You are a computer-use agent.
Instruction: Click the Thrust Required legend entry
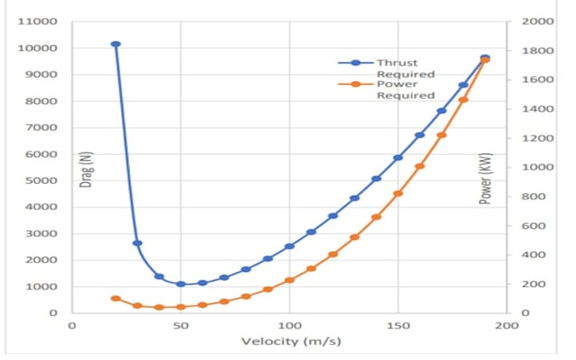(x=386, y=69)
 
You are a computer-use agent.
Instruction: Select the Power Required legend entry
(x=386, y=90)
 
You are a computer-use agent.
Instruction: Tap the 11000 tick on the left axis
(x=37, y=22)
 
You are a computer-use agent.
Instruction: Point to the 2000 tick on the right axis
(x=538, y=21)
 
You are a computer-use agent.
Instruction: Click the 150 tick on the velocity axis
(x=398, y=325)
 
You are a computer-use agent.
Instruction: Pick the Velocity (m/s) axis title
(x=291, y=341)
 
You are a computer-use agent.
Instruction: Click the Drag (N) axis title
(x=86, y=169)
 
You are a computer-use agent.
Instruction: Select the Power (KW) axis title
(x=485, y=179)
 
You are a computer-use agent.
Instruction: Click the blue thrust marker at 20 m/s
(x=116, y=44)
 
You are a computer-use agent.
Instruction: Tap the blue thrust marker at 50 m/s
(x=180, y=284)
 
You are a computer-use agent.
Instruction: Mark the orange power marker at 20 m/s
(x=116, y=299)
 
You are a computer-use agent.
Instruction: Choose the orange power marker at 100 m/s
(x=290, y=280)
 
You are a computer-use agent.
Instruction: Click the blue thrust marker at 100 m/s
(x=290, y=246)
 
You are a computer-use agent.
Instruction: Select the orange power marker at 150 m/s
(x=398, y=193)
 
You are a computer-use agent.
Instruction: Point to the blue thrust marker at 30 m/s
(x=137, y=243)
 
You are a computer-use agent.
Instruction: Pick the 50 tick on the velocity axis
(x=180, y=325)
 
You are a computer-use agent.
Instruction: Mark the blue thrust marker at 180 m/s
(x=463, y=85)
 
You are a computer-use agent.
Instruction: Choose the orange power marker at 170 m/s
(x=442, y=136)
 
